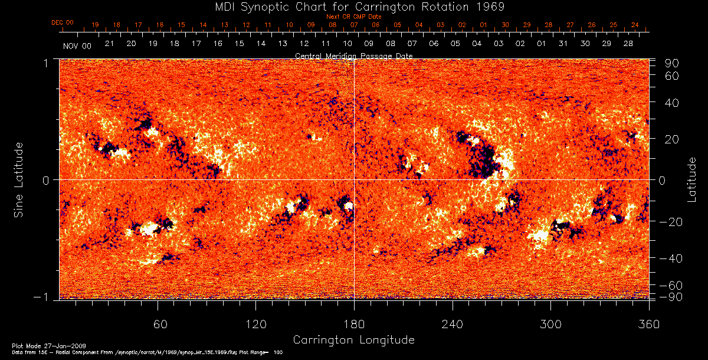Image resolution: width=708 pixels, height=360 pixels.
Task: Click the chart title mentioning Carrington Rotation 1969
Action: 354,6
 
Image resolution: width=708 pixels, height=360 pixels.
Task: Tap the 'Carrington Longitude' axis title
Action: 353,340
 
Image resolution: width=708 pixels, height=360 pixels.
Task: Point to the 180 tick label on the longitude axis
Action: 354,325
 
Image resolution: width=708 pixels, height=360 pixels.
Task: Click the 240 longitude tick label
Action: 453,325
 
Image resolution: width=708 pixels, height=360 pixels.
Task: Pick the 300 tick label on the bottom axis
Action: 550,325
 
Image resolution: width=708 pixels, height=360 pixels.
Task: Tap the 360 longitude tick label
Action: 649,325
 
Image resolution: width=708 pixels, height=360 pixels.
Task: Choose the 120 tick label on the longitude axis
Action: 255,325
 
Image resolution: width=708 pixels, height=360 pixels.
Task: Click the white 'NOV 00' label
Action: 77,45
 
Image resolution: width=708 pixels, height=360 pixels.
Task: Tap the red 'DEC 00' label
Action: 63,22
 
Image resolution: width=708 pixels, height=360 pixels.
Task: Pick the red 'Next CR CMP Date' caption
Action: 354,17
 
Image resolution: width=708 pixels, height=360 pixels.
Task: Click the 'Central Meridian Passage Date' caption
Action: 354,55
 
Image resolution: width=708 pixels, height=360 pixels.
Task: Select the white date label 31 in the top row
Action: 563,44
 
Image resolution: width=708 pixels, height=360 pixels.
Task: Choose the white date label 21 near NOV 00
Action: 109,44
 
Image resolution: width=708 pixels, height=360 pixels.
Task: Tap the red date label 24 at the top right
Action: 635,25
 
